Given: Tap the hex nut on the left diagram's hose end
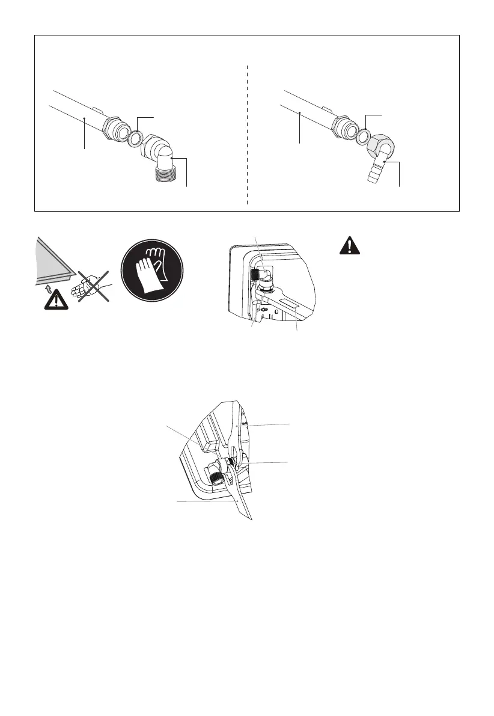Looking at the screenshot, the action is tap(115, 127).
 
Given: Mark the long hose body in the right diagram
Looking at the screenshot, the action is tap(306, 108).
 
